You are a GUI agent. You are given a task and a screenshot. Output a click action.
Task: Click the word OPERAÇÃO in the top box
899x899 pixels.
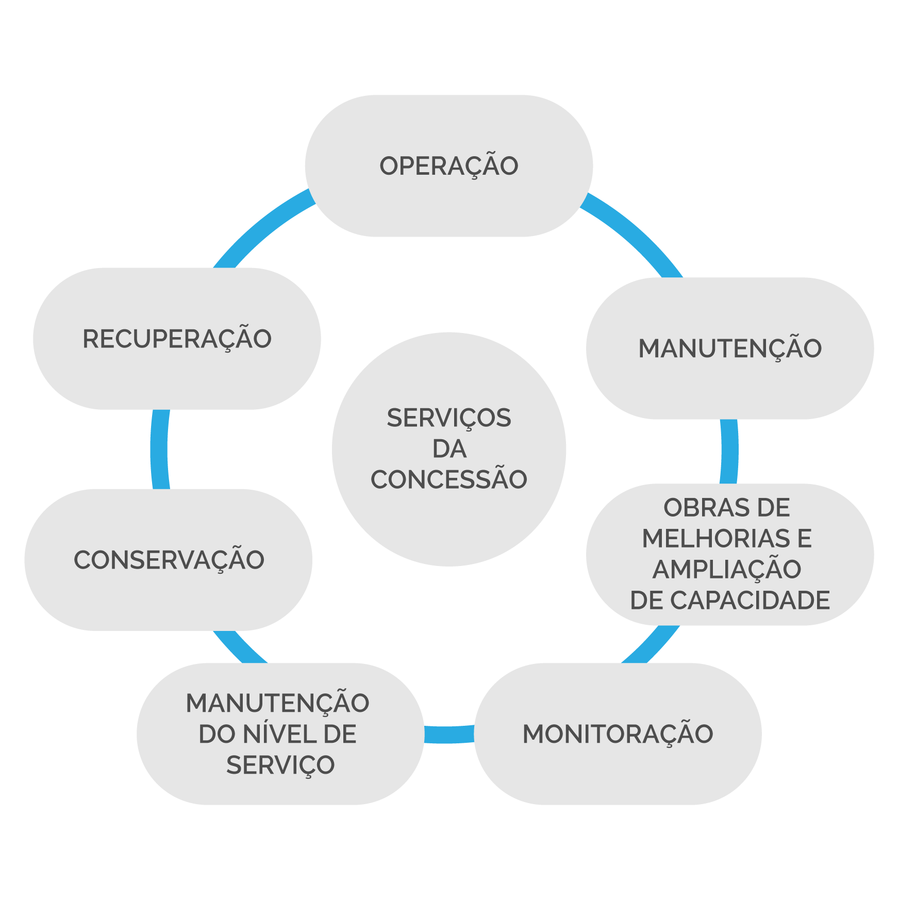click(448, 166)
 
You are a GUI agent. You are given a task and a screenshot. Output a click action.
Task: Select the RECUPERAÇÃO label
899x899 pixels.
click(177, 339)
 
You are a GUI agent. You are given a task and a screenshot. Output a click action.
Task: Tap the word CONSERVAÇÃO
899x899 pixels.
click(169, 560)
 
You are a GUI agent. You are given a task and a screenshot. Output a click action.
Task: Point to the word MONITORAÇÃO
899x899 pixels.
click(618, 734)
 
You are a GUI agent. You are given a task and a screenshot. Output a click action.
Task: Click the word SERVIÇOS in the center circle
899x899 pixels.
click(448, 418)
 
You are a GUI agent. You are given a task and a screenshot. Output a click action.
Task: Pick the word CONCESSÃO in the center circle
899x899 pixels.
click(448, 480)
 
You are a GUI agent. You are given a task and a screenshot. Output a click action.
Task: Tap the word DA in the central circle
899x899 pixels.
click(449, 449)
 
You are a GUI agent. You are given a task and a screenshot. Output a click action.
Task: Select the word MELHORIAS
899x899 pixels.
click(715, 539)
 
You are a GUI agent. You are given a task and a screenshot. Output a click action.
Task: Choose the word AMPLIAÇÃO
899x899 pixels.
click(727, 570)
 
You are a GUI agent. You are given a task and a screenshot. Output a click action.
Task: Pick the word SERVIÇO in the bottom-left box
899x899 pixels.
click(280, 765)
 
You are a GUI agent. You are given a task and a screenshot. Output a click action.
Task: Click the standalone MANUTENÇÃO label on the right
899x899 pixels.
click(730, 348)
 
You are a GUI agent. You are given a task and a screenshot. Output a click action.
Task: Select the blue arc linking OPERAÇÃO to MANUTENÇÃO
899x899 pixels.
click(637, 231)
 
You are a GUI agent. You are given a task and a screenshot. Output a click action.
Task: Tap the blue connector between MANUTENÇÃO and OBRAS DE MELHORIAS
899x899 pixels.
click(729, 452)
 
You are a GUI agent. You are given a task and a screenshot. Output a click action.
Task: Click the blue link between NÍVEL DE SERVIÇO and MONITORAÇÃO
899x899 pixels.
click(449, 734)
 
